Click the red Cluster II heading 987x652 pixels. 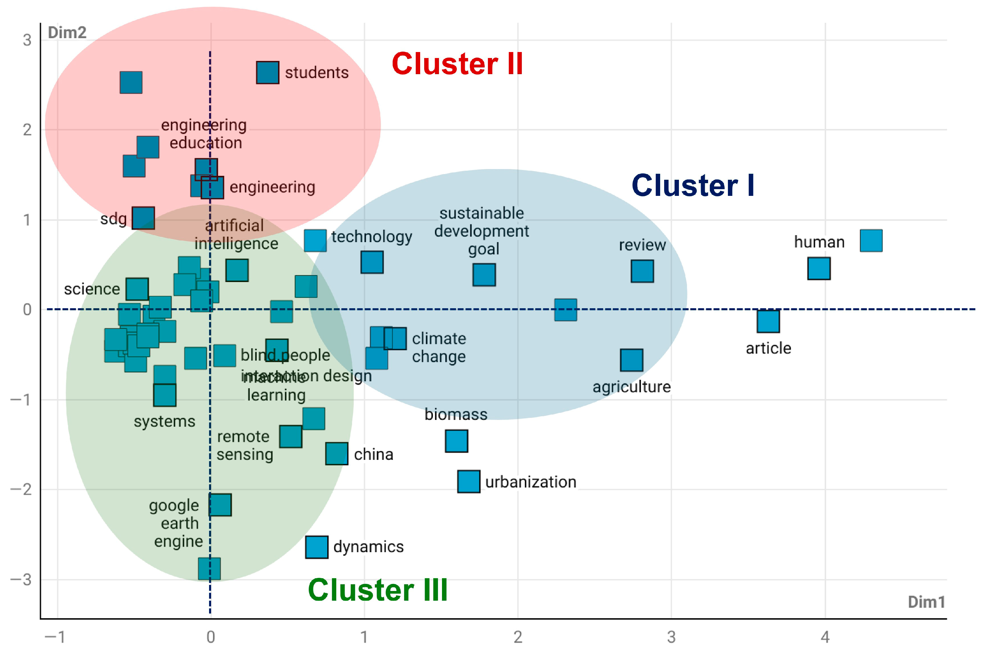pos(457,64)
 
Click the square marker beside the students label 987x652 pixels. pos(267,73)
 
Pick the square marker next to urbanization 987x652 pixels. pos(468,482)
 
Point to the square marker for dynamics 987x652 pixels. pos(317,547)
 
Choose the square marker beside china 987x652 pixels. pos(337,454)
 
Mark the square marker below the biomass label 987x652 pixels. pos(456,441)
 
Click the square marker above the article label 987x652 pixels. pos(768,321)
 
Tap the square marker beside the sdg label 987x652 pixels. pos(143,218)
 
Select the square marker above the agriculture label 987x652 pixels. pos(632,360)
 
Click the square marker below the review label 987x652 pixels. pos(642,271)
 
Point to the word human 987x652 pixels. pos(819,242)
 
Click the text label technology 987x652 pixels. pos(372,237)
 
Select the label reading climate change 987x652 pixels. pos(439,347)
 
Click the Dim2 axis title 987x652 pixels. pos(67,33)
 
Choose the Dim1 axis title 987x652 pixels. pos(926,602)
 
